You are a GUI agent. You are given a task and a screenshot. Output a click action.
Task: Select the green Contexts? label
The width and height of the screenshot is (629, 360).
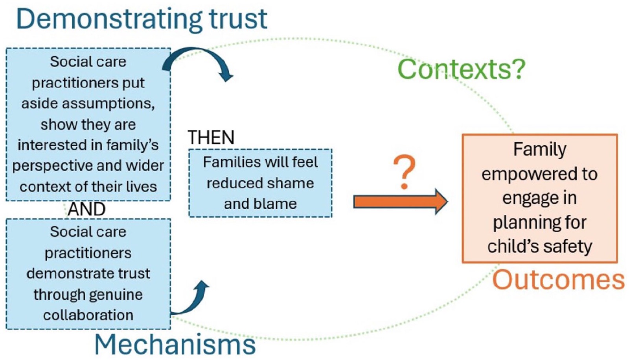(x=462, y=69)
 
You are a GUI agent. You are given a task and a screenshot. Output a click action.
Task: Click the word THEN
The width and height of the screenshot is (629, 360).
(x=211, y=137)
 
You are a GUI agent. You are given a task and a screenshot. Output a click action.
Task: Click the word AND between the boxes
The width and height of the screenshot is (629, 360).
(x=87, y=209)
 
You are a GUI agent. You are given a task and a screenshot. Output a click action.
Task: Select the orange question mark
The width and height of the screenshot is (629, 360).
(x=405, y=172)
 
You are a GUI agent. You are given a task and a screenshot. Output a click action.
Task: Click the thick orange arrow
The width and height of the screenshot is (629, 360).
(x=401, y=202)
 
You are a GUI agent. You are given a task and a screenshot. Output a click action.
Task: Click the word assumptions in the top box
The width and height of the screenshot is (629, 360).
(x=108, y=104)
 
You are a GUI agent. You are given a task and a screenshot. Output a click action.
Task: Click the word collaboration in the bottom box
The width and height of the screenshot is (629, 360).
(x=88, y=315)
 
